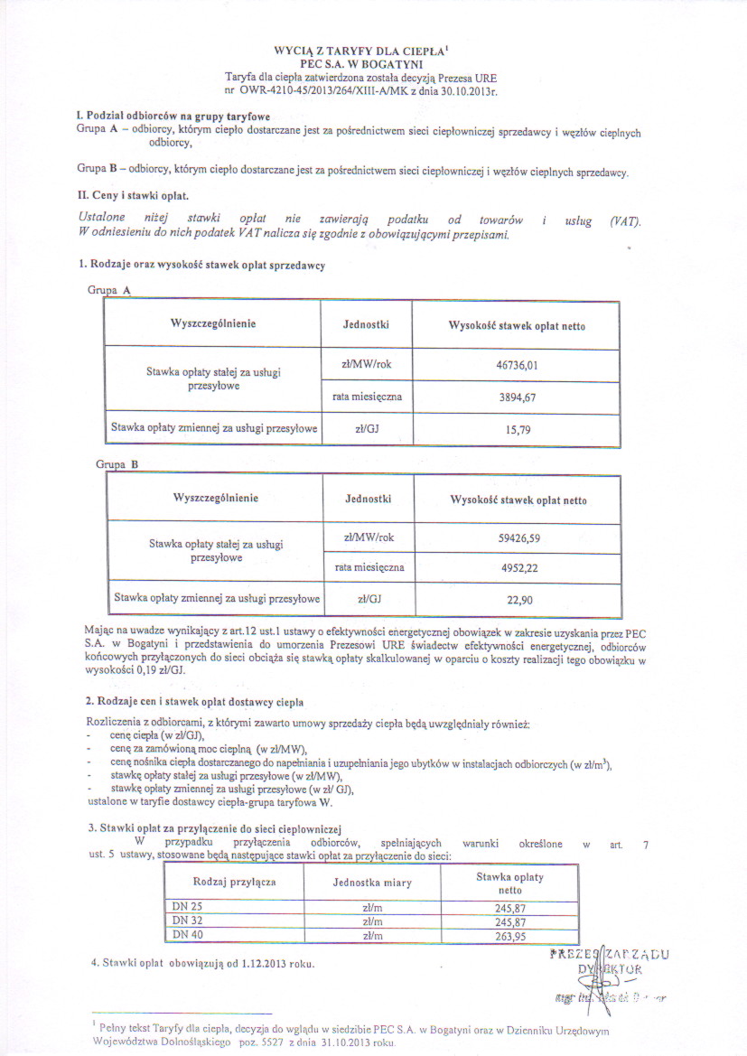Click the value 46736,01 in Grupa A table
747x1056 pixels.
tap(517, 364)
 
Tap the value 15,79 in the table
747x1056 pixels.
tap(517, 430)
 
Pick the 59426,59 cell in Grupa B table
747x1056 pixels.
tap(518, 537)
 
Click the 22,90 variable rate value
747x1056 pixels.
tap(518, 599)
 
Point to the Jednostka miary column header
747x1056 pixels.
tap(372, 882)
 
